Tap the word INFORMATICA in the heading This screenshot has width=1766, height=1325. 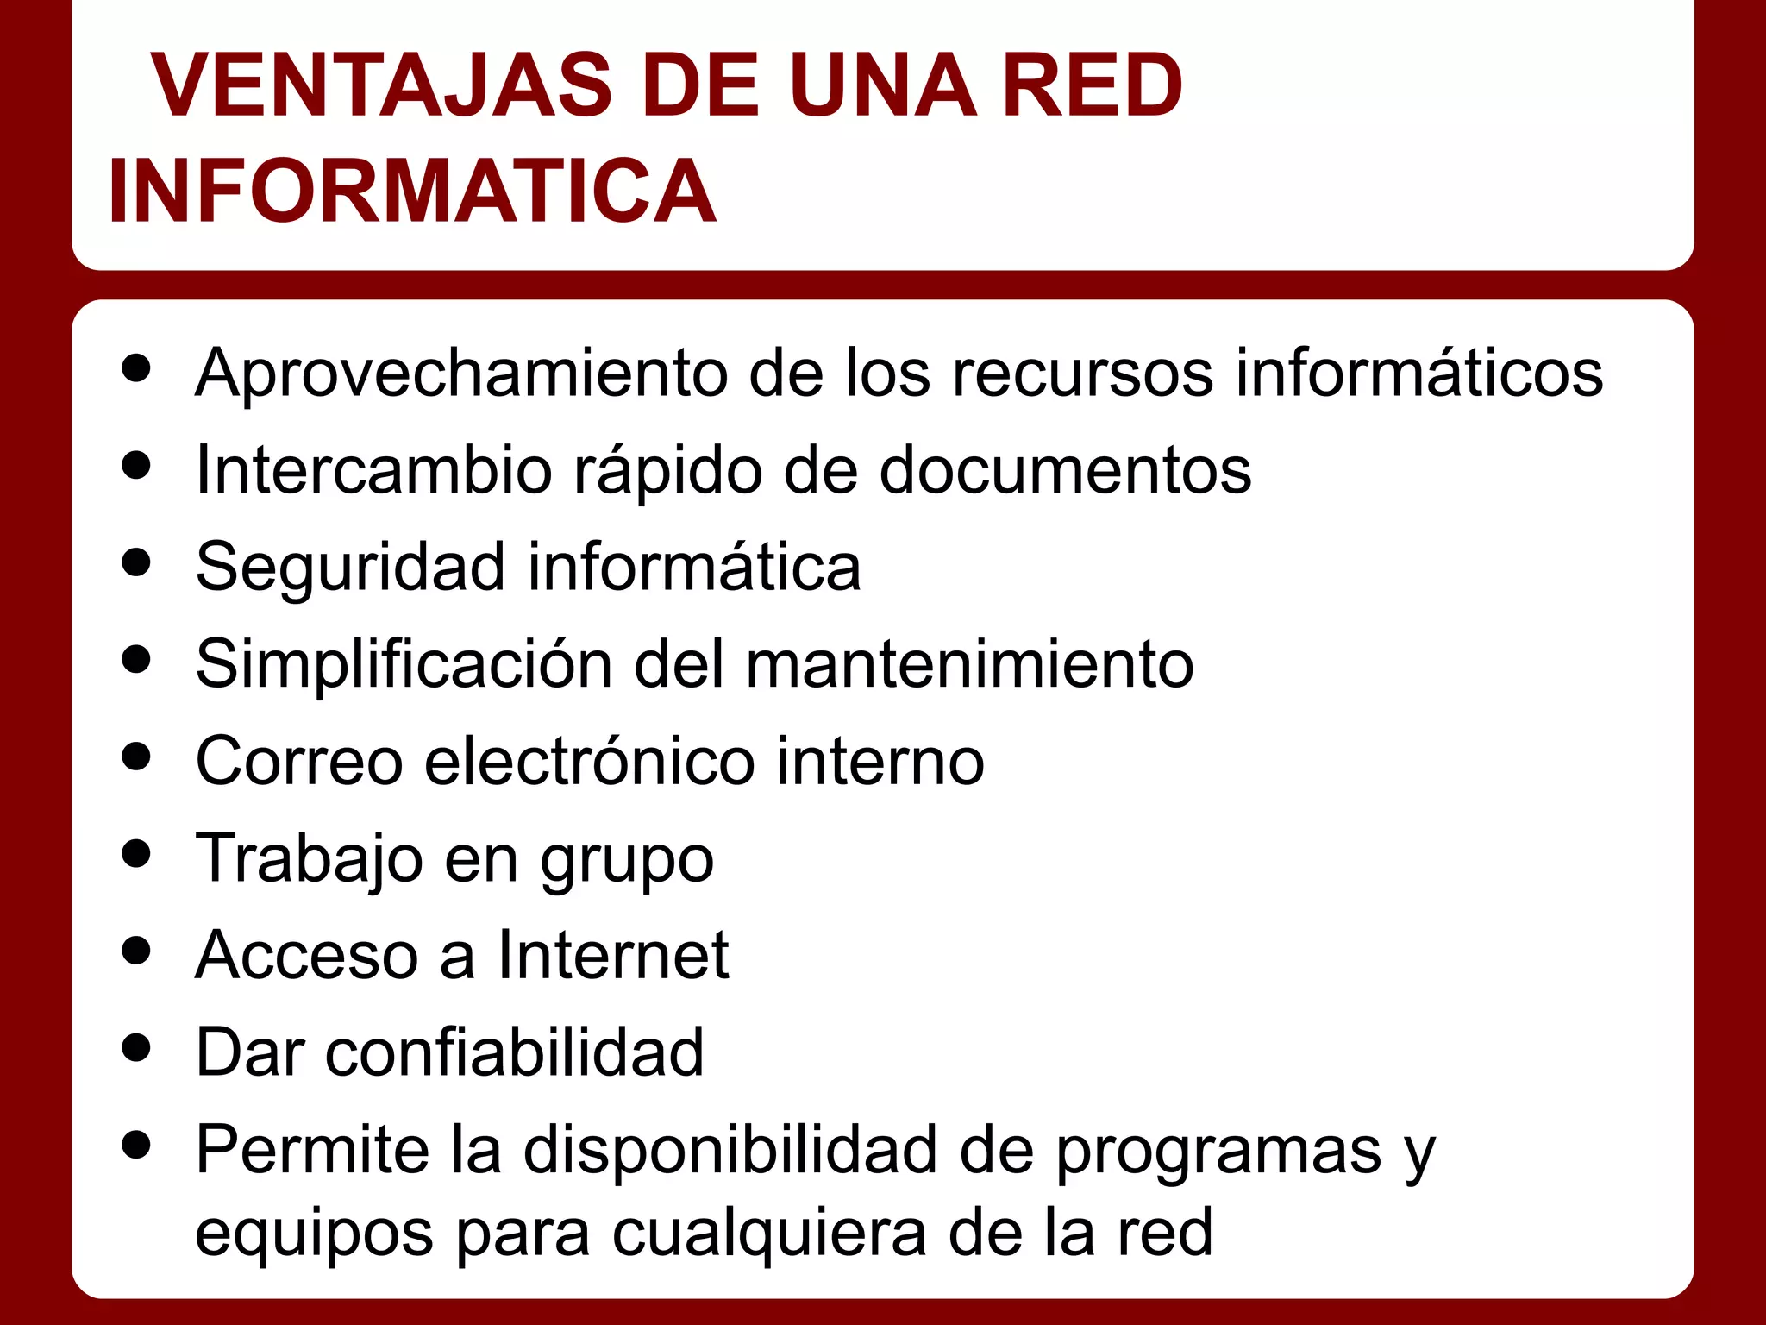pos(412,192)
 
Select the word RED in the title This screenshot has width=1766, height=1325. pos(1093,86)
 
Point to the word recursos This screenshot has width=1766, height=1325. pos(1082,374)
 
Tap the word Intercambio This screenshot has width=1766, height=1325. pos(373,470)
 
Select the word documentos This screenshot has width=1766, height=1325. pos(1065,470)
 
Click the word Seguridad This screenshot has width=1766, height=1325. pos(350,568)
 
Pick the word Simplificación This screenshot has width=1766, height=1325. pos(404,664)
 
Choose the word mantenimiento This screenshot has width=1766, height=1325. pos(969,664)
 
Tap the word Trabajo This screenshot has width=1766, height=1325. pos(310,858)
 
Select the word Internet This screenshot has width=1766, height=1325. pos(613,955)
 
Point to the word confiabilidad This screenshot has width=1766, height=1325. pos(515,1052)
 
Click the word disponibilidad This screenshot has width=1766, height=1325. pos(730,1150)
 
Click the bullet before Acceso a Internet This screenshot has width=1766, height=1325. pos(136,951)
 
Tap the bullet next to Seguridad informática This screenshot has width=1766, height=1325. pos(136,563)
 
